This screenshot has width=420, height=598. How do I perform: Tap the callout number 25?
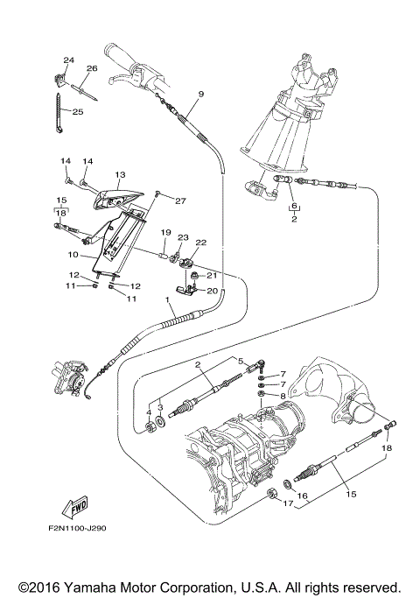pos(76,112)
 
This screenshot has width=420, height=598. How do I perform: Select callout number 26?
pos(92,68)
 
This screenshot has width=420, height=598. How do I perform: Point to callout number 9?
pos(200,94)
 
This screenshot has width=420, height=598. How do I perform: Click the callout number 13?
pos(120,174)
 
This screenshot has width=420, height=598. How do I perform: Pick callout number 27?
pos(180,201)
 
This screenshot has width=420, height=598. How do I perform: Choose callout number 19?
pos(164,232)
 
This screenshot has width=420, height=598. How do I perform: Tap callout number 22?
pos(200,243)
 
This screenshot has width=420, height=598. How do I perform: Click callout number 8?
pos(282,396)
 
